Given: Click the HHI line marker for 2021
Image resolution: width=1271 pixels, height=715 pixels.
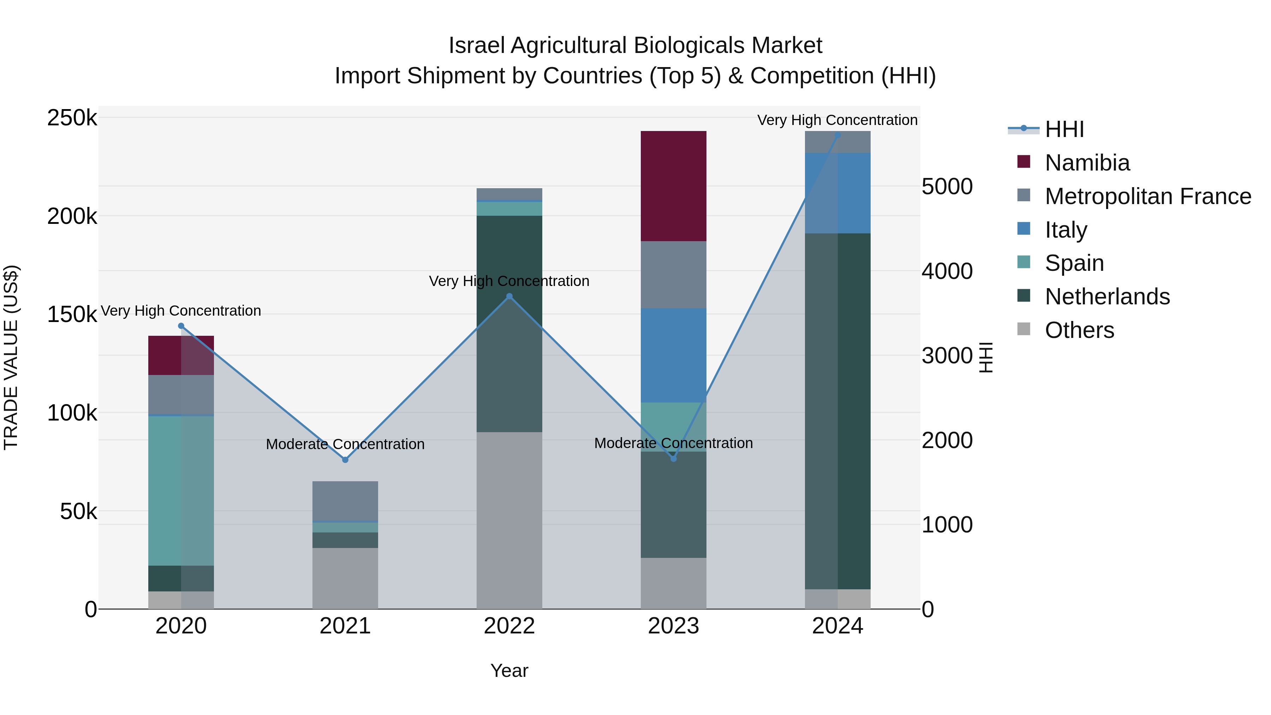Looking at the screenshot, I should coord(345,459).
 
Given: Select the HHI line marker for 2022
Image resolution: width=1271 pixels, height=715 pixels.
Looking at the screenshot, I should coord(510,297).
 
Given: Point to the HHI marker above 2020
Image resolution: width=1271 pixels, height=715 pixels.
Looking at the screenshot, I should coord(181,326).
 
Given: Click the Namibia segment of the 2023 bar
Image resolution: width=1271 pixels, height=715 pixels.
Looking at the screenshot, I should coord(674,186).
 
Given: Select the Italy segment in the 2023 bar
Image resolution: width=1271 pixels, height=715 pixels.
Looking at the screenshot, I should coord(674,355).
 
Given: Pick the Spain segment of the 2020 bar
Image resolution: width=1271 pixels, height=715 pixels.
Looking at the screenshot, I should coord(181,491).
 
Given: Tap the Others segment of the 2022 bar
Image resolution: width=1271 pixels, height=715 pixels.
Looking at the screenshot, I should coord(510,520).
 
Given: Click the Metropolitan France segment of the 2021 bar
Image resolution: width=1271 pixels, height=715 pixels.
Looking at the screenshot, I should coord(345,501).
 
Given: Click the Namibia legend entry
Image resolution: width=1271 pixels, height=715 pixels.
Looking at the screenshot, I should coord(1087,163).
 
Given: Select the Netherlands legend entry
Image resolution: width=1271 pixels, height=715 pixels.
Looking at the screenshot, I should coord(1107,297).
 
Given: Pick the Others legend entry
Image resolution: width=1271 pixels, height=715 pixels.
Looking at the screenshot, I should coord(1080,330).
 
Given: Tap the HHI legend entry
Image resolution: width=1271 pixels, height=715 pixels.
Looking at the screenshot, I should coord(1064,129).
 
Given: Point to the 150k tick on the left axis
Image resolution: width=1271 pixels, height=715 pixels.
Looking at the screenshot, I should coord(72,314).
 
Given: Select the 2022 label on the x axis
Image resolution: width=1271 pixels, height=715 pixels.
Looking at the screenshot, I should coord(510,626).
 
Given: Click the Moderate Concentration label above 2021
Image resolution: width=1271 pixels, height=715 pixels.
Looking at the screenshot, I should coord(345,444).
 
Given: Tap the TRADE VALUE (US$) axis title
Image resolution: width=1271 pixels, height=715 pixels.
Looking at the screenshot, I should coord(11,357).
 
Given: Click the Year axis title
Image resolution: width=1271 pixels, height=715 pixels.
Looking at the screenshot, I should coord(509,671).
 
